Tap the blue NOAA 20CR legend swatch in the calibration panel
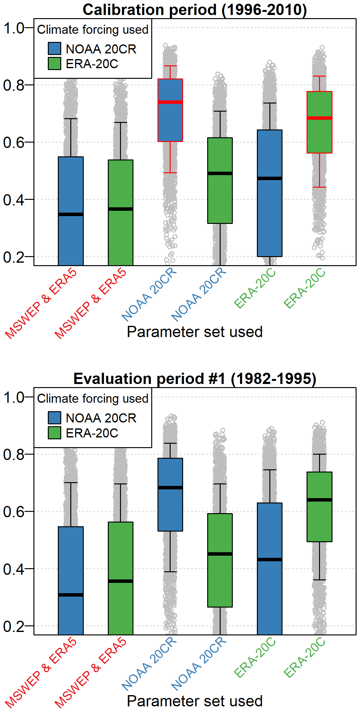pyautogui.click(x=54, y=49)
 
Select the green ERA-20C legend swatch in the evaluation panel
pyautogui.click(x=54, y=433)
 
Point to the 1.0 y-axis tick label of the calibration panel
pyautogui.click(x=14, y=28)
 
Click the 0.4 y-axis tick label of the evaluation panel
pyautogui.click(x=14, y=569)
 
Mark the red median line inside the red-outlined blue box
pyautogui.click(x=170, y=102)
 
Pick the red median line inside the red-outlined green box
pyautogui.click(x=319, y=118)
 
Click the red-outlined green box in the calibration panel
pyautogui.click(x=319, y=138)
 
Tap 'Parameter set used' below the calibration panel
pyautogui.click(x=194, y=332)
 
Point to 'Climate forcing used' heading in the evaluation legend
pyautogui.click(x=92, y=399)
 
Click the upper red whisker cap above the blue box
pyautogui.click(x=170, y=66)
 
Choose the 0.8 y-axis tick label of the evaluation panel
pyautogui.click(x=14, y=454)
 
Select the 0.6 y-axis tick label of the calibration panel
pyautogui.click(x=14, y=142)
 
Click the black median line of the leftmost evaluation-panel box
pyautogui.click(x=71, y=595)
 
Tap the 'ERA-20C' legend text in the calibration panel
pyautogui.click(x=92, y=64)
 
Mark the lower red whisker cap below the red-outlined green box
pyautogui.click(x=319, y=187)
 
